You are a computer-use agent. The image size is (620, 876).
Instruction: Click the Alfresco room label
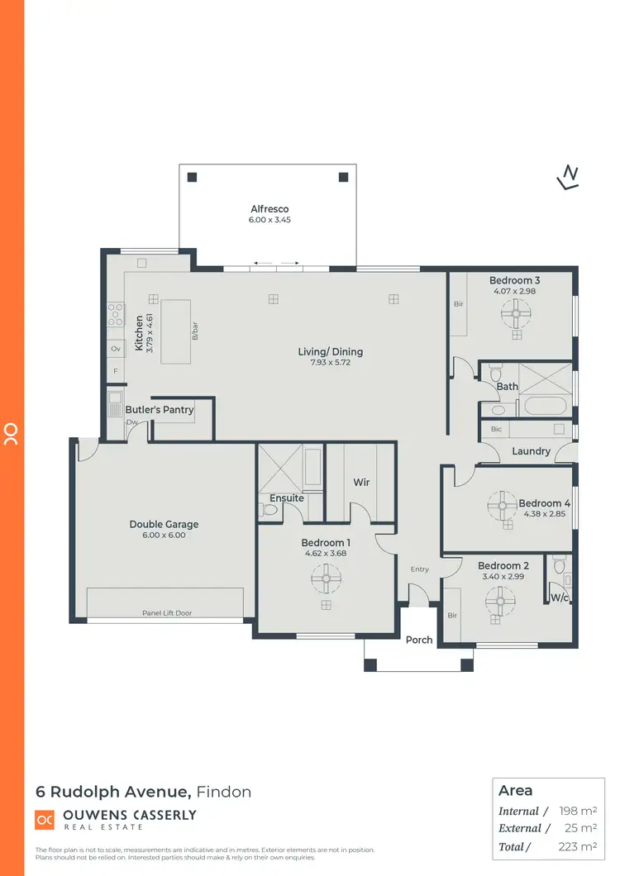[269, 209]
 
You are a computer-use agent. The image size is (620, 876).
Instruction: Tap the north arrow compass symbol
[568, 177]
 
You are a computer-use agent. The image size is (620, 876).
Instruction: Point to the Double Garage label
[164, 524]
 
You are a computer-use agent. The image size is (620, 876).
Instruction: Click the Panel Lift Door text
[166, 613]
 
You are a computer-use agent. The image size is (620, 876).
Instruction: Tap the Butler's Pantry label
[160, 409]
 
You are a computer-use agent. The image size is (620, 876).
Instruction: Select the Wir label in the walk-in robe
[361, 482]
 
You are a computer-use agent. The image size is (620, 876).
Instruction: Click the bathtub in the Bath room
[542, 407]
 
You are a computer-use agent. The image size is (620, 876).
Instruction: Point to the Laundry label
[531, 451]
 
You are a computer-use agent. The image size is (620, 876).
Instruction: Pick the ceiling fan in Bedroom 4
[501, 506]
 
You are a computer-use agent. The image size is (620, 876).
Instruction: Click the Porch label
[419, 640]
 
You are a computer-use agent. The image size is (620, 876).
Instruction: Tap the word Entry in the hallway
[420, 569]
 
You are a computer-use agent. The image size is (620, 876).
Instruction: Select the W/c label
[560, 597]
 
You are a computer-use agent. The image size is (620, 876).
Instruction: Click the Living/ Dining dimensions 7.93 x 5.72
[331, 363]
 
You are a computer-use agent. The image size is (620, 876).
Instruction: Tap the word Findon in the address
[224, 792]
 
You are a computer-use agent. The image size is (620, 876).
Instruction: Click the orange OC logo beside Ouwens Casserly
[44, 819]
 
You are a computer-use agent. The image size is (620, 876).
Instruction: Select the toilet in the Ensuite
[269, 511]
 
